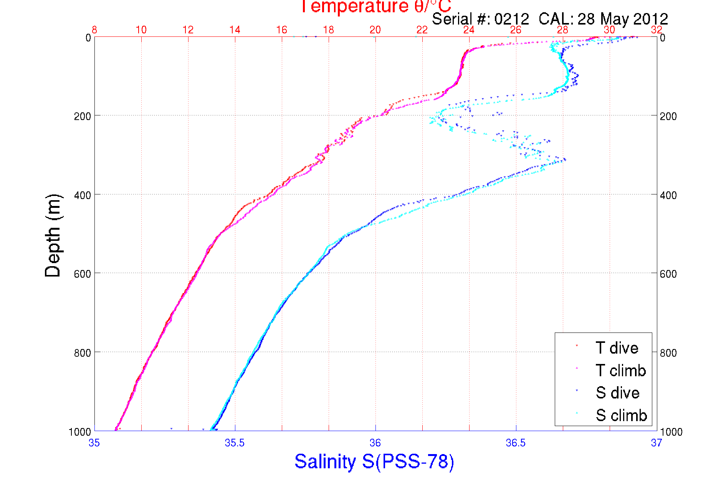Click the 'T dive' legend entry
coord(617,348)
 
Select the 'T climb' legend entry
coord(620,370)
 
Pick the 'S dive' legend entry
coord(617,393)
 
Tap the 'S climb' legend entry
coord(621,415)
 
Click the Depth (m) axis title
coord(53,235)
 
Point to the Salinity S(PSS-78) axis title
coord(374,461)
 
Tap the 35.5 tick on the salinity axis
coord(235,443)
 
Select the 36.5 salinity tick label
coord(516,443)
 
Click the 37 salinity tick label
coord(656,443)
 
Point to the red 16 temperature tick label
coord(282,30)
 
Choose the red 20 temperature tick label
coord(375,30)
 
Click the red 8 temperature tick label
coord(94,30)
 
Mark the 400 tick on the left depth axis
coord(83,195)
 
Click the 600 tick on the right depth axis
coord(668,274)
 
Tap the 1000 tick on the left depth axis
coord(80,432)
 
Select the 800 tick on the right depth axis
coord(668,353)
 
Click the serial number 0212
coord(511,19)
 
